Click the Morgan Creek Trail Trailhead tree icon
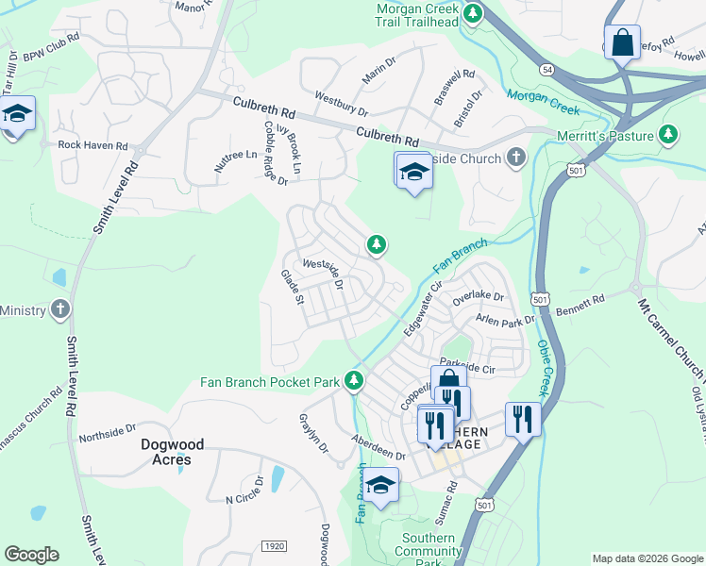(x=473, y=14)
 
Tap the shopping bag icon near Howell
(x=622, y=43)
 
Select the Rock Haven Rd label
(x=92, y=145)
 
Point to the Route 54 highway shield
(x=547, y=70)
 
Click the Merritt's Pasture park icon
(x=669, y=136)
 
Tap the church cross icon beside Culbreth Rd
(x=515, y=158)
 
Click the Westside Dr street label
(x=321, y=270)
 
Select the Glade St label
(x=292, y=287)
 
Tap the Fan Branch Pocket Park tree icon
(x=354, y=381)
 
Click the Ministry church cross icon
(x=60, y=309)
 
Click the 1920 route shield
(x=274, y=547)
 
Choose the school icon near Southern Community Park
(x=380, y=486)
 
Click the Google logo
(x=31, y=555)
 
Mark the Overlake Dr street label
(x=479, y=296)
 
